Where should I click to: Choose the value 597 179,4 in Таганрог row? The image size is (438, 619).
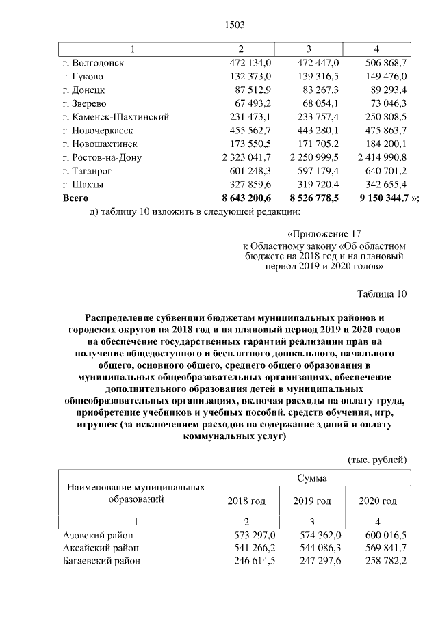(x=315, y=171)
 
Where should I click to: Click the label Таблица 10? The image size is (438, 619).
(x=382, y=294)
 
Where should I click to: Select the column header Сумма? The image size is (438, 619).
(x=312, y=478)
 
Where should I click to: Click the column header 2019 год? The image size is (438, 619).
(x=312, y=501)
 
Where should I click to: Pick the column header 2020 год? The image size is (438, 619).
(x=378, y=501)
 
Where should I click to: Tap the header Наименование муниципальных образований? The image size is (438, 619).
(x=136, y=493)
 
